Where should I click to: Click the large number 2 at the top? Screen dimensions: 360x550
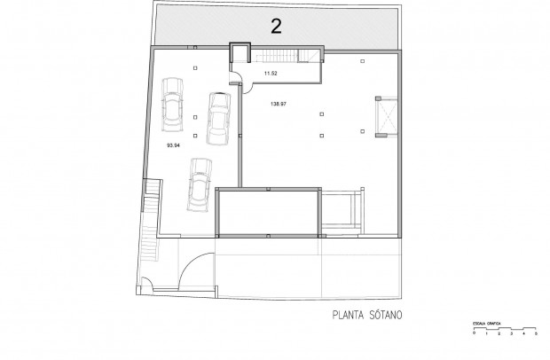click(276, 26)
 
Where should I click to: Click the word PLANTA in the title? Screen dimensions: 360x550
click(350, 313)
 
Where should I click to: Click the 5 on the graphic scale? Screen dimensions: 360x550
click(536, 335)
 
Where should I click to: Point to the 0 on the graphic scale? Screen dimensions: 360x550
click(475, 335)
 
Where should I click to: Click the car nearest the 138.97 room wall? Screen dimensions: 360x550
click(216, 117)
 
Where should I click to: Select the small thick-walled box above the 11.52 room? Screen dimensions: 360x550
click(240, 53)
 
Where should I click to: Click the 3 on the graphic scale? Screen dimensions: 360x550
click(511, 335)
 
